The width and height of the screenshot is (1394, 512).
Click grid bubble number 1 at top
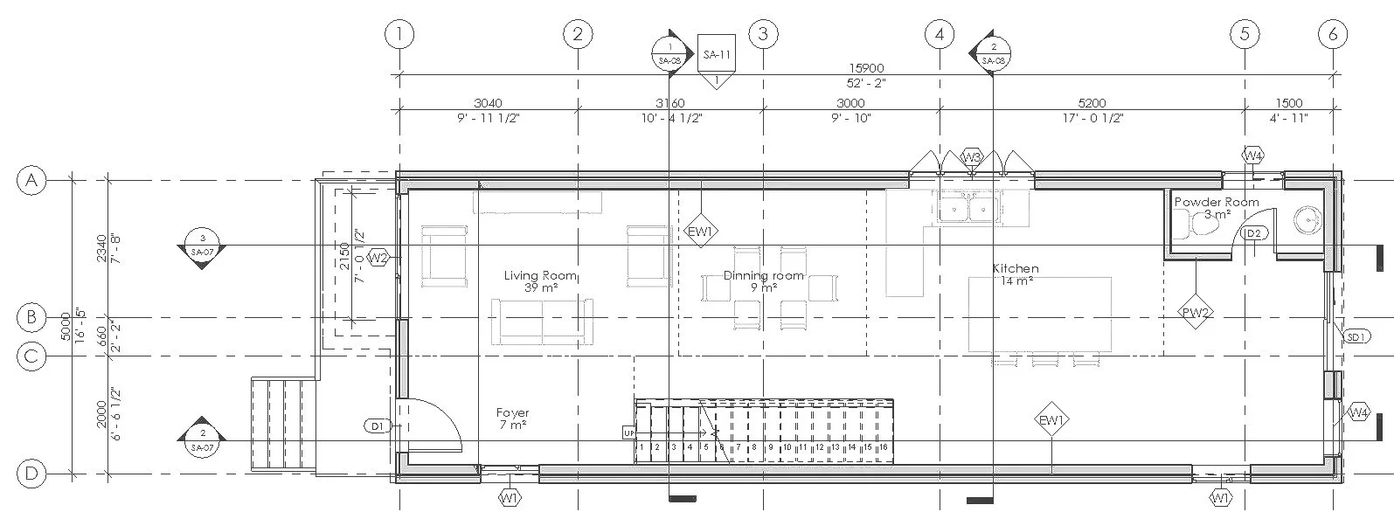click(x=399, y=34)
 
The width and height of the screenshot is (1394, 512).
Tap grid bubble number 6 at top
click(x=1333, y=34)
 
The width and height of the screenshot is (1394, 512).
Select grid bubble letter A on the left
click(x=31, y=181)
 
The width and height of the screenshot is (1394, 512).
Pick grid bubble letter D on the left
click(x=31, y=474)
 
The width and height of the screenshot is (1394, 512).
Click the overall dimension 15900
click(x=866, y=68)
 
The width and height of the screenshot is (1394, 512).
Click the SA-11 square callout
click(x=717, y=55)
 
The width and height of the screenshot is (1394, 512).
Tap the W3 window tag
click(x=971, y=157)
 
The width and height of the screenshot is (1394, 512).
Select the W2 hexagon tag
click(x=378, y=257)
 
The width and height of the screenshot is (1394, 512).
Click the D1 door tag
click(x=377, y=426)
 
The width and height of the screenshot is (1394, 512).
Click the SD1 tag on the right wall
click(x=1355, y=336)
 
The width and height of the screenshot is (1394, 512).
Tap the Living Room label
click(x=540, y=276)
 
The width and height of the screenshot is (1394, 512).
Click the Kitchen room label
click(x=1016, y=268)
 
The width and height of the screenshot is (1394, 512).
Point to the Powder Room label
click(x=1216, y=202)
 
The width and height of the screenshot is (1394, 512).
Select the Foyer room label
click(x=512, y=413)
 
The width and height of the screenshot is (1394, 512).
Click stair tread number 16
click(x=884, y=447)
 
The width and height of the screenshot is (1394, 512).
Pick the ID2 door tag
click(x=1253, y=233)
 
